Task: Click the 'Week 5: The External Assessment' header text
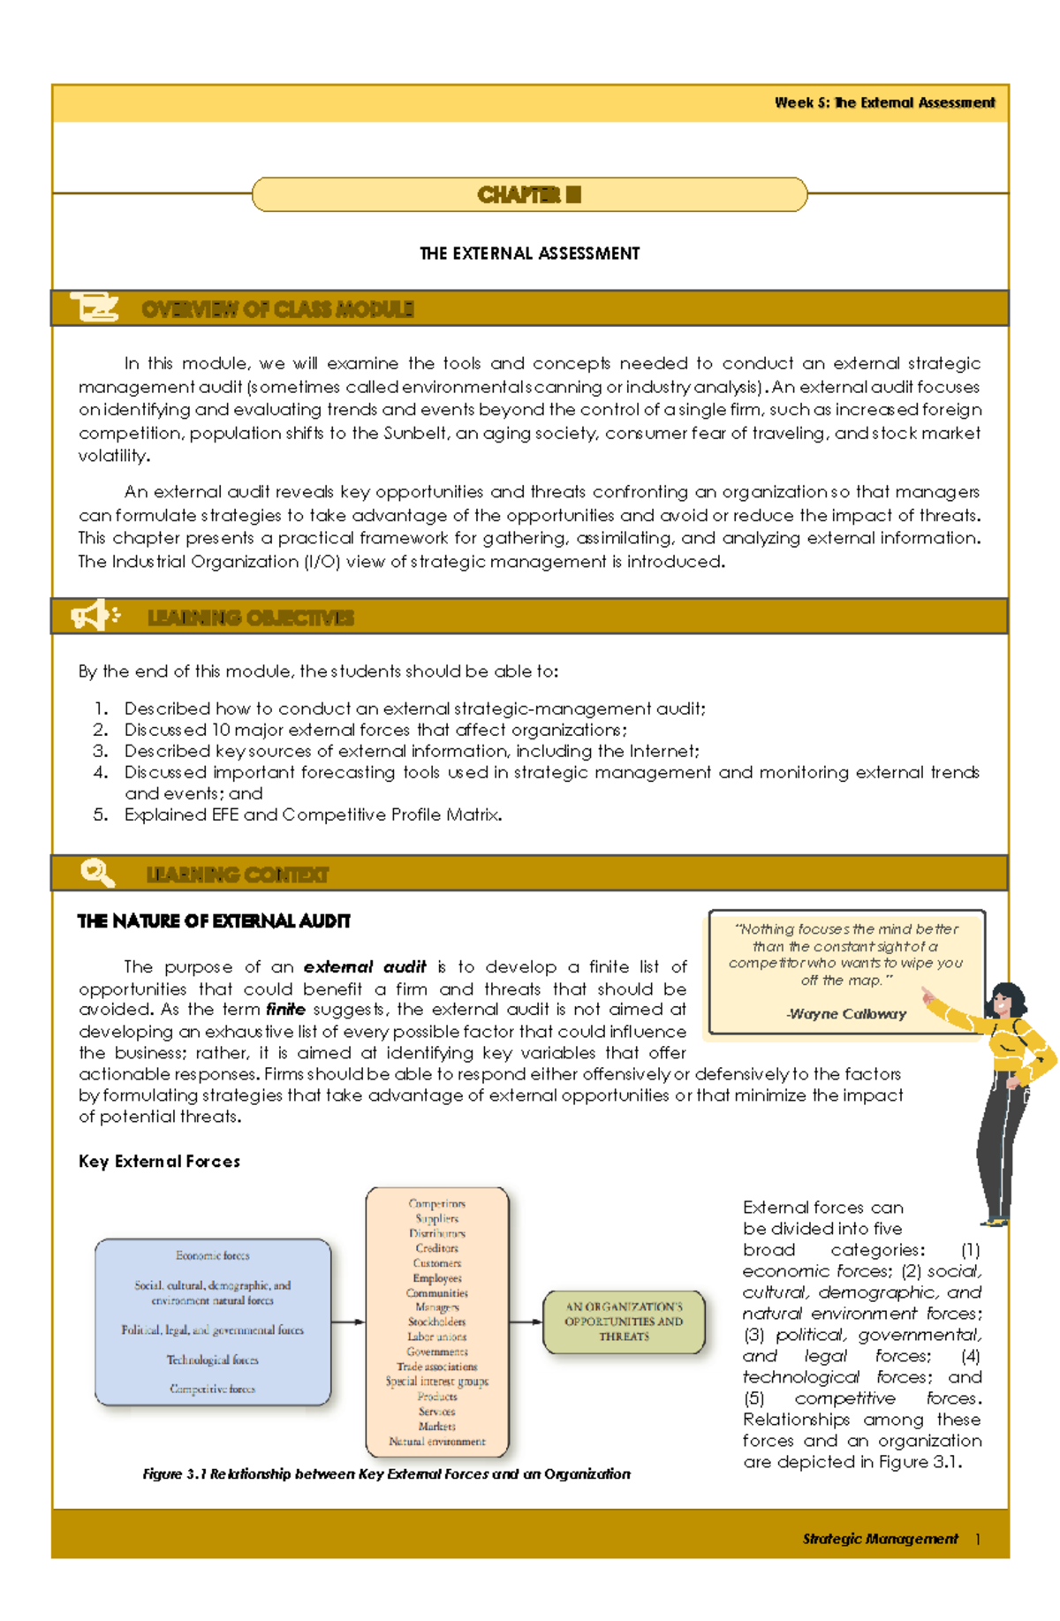click(x=884, y=102)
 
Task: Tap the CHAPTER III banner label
click(x=529, y=194)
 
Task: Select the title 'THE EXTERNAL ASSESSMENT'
click(x=529, y=254)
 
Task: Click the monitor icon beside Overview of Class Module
click(x=95, y=308)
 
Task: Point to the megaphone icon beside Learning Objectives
click(x=95, y=616)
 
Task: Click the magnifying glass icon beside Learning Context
click(x=97, y=873)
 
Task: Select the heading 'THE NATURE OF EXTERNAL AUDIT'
click(x=214, y=921)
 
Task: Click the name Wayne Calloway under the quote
click(x=846, y=1014)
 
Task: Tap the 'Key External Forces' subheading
click(x=159, y=1162)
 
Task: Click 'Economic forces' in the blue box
click(x=212, y=1255)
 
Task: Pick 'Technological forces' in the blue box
click(x=212, y=1360)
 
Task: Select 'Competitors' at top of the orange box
click(x=436, y=1203)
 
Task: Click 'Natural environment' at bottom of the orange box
click(x=437, y=1441)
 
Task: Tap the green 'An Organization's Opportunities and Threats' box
click(x=624, y=1322)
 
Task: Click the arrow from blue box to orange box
click(x=348, y=1322)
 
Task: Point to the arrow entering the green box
click(x=526, y=1322)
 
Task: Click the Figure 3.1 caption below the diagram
click(x=386, y=1473)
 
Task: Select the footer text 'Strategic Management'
click(x=880, y=1539)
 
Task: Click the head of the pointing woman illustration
click(x=1007, y=1001)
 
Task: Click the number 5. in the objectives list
click(x=101, y=814)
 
